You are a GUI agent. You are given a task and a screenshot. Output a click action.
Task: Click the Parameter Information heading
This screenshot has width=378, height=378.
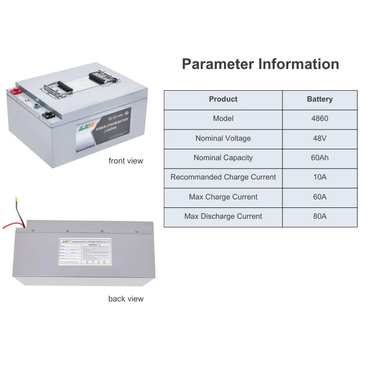pyautogui.click(x=260, y=64)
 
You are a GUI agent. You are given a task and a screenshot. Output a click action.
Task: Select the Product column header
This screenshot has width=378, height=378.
pyautogui.click(x=223, y=99)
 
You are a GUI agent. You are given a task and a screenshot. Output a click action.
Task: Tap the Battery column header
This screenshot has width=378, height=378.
pyautogui.click(x=319, y=99)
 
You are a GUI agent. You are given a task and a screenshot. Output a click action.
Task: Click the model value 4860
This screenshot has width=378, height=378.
pyautogui.click(x=319, y=119)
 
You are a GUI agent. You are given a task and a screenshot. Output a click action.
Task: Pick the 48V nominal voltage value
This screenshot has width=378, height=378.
pyautogui.click(x=319, y=138)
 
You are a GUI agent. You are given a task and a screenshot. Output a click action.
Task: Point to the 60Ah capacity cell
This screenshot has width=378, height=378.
pyautogui.click(x=319, y=158)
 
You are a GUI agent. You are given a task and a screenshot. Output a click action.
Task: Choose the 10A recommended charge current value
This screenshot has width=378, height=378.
pyautogui.click(x=319, y=177)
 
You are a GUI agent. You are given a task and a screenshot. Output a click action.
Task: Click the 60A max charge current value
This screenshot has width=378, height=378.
pyautogui.click(x=319, y=197)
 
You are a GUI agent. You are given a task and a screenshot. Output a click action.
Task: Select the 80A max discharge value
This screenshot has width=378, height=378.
pyautogui.click(x=319, y=216)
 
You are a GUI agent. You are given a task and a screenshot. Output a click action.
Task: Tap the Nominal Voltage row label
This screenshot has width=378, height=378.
pyautogui.click(x=223, y=138)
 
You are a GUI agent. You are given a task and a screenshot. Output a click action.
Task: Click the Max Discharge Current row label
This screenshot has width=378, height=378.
pyautogui.click(x=223, y=216)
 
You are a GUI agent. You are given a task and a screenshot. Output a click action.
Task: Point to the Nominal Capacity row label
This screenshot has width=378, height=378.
pyautogui.click(x=223, y=158)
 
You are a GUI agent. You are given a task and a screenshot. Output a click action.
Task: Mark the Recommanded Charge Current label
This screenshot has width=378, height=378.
pyautogui.click(x=223, y=177)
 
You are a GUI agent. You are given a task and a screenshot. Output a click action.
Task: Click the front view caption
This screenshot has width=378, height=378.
pyautogui.click(x=126, y=161)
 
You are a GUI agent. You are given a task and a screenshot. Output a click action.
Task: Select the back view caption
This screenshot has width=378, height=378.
pyautogui.click(x=126, y=299)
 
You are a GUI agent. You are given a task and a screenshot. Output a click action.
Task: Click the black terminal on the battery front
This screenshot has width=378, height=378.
pyautogui.click(x=48, y=114)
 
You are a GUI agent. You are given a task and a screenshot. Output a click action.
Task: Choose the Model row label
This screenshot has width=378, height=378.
pyautogui.click(x=223, y=119)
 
